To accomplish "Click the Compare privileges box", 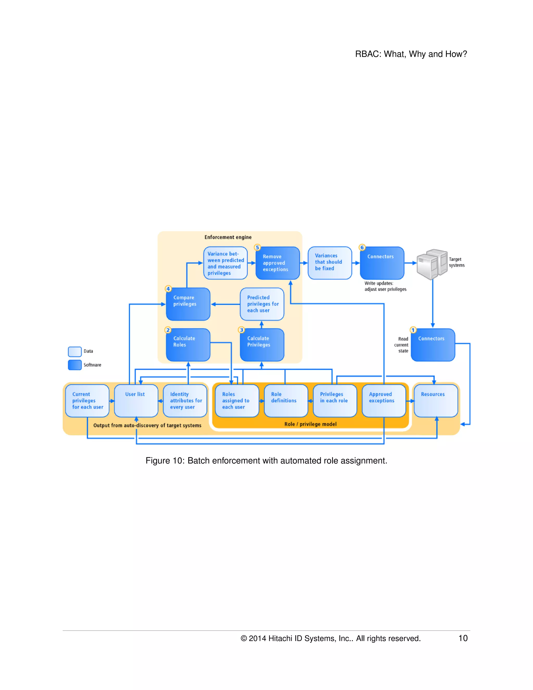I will pos(188,304).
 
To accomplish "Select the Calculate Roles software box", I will pos(188,345).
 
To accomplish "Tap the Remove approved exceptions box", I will pos(277,263).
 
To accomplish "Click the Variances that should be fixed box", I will pos(330,263).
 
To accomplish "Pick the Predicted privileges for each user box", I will pos(262,304).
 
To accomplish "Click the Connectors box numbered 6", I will pos(382,263).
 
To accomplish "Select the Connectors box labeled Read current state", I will pos(433,345).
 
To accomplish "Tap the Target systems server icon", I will pos(432,264).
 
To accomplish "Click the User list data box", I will pos(136,401).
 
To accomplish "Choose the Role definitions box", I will pos(286,401).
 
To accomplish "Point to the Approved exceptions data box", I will pos(384,401).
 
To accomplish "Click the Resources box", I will pos(435,401).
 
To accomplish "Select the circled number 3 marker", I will pos(242,330).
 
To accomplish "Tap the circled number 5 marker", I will pos(257,247).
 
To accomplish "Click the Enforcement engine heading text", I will pos(228,237).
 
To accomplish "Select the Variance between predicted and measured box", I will pos(225,263).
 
